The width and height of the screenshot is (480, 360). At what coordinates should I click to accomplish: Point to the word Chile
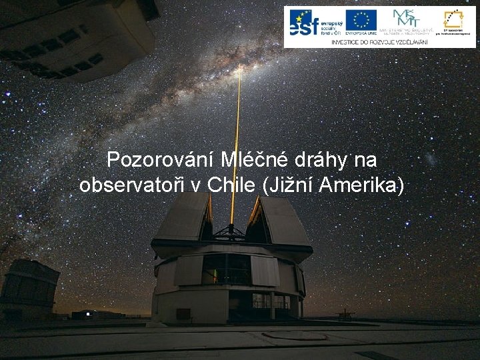click(x=229, y=185)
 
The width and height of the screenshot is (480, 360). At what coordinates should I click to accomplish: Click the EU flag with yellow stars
click(x=361, y=20)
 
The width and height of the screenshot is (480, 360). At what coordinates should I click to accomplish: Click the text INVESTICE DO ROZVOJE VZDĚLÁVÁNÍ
click(x=380, y=41)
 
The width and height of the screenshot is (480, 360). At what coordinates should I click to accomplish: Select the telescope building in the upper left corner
click(x=73, y=37)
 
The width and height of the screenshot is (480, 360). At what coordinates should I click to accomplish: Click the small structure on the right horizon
click(x=345, y=313)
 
